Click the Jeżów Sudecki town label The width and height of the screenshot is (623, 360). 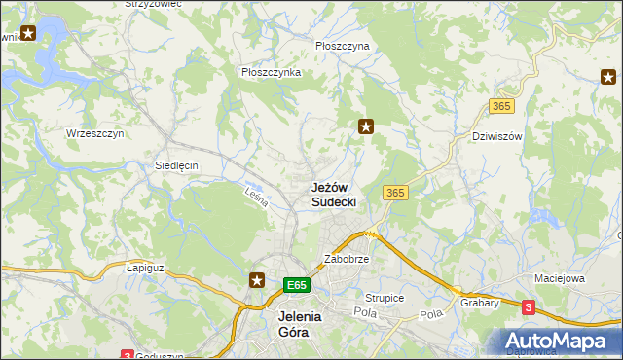(334, 194)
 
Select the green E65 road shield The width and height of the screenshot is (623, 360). (298, 285)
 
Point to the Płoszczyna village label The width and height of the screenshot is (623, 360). (343, 46)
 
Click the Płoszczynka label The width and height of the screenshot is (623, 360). (271, 72)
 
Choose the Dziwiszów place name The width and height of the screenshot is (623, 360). (496, 136)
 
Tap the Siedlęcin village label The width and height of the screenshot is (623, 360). (176, 165)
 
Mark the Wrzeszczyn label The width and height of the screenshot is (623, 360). (94, 133)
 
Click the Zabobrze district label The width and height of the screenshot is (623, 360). (346, 261)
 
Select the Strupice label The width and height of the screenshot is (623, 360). (385, 298)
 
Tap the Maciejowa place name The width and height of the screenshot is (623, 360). (558, 278)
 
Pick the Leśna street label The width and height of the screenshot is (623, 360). (256, 198)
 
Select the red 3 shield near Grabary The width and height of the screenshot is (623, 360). (528, 307)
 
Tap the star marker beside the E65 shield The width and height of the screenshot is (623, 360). (257, 280)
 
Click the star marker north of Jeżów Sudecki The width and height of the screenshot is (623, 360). (366, 126)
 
